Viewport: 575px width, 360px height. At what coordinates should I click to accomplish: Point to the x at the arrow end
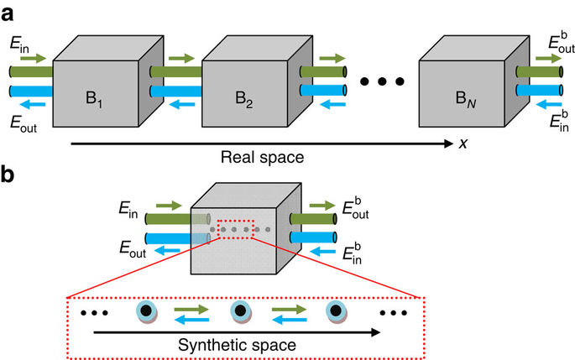[463, 143]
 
